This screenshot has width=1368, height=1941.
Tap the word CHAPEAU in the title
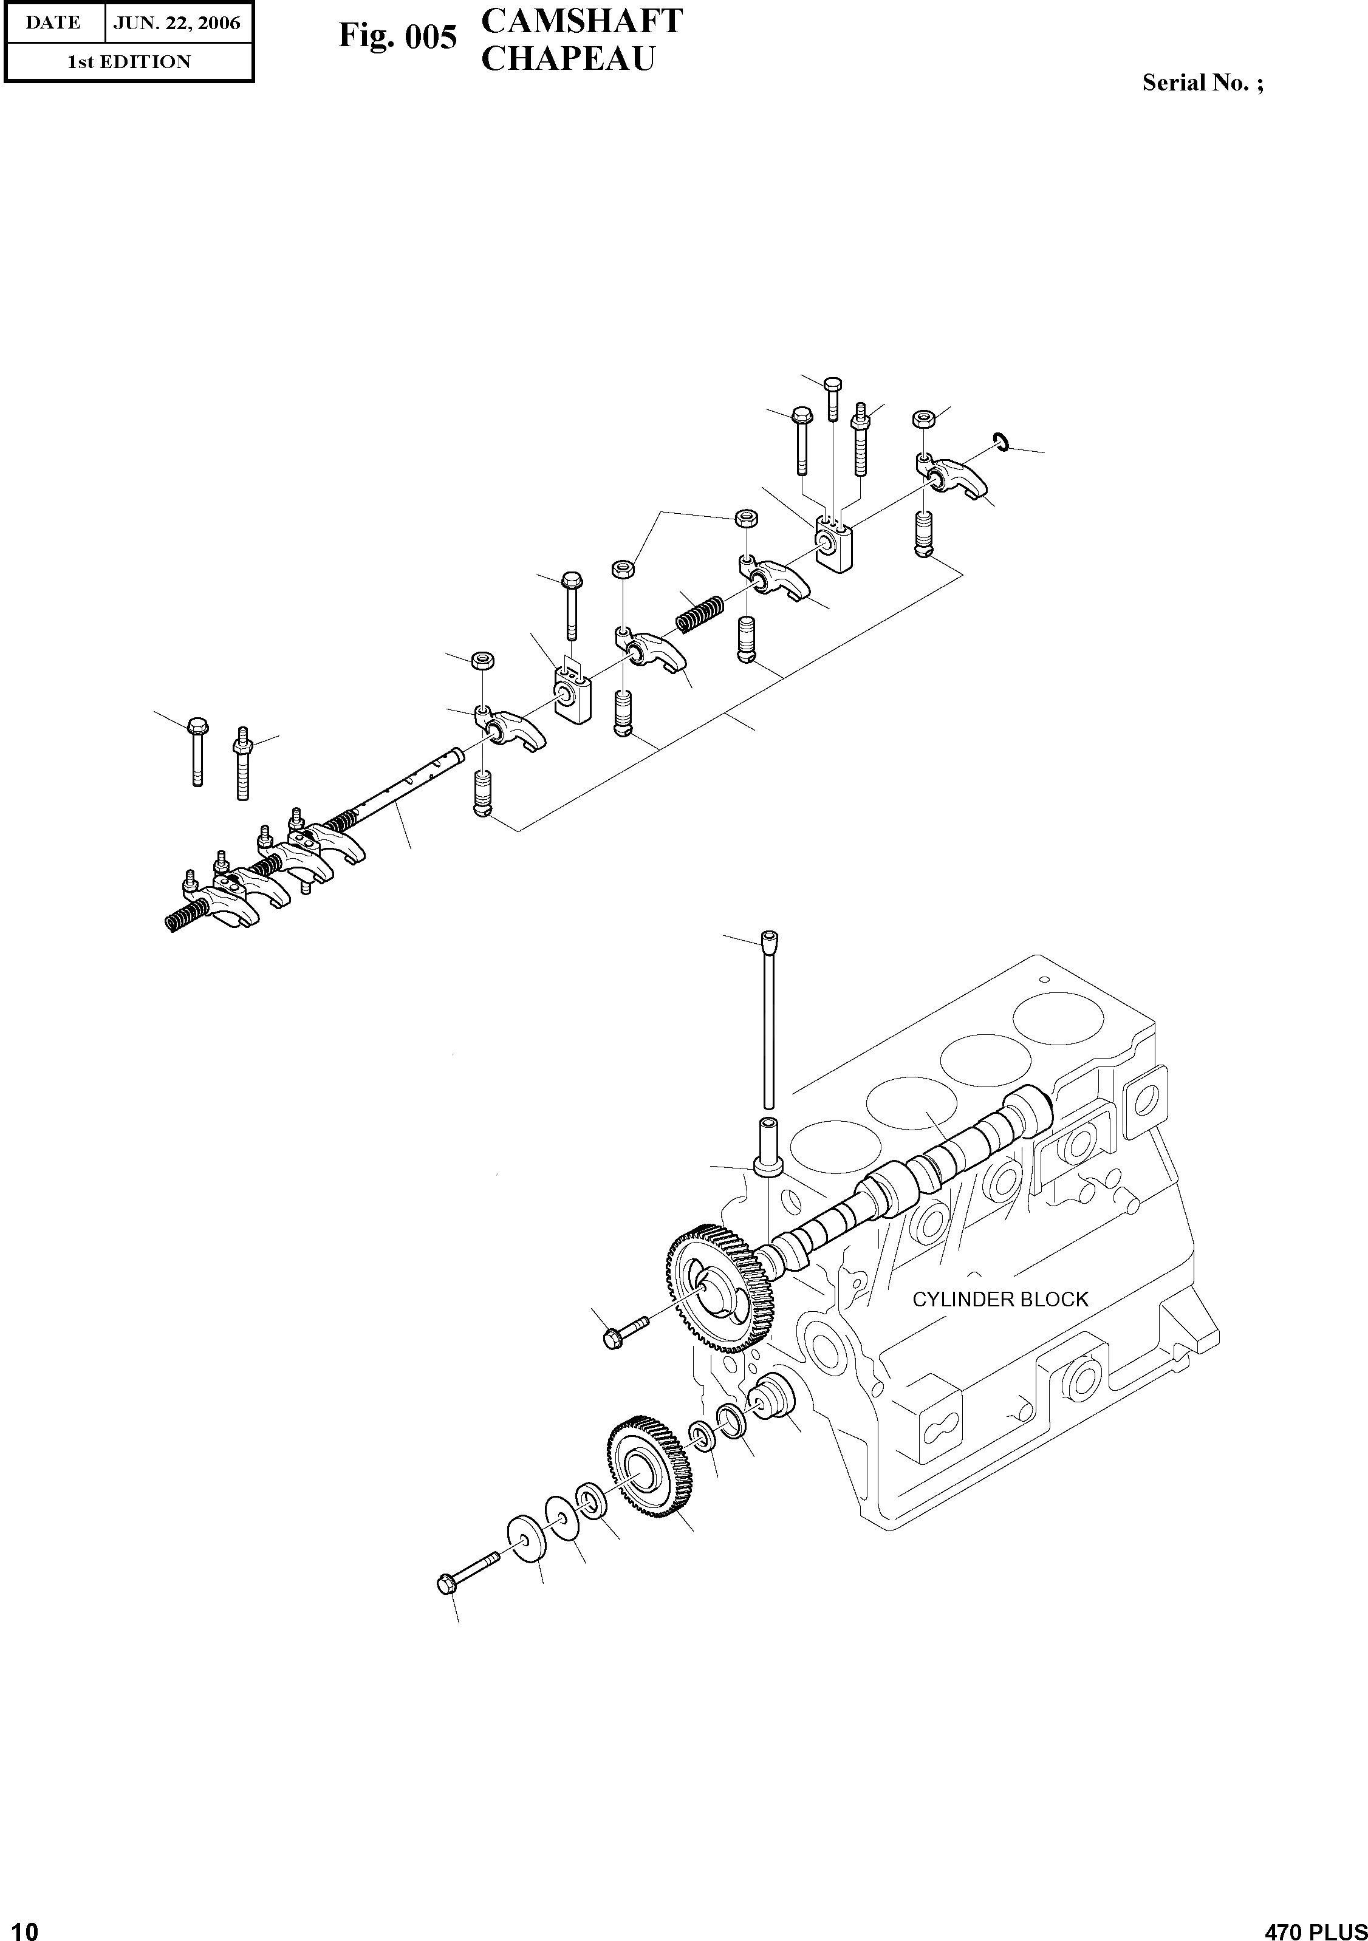[567, 59]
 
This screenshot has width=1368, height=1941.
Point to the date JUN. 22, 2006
[177, 23]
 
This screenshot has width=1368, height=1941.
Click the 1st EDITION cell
[129, 62]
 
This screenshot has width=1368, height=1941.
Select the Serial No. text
[1202, 83]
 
